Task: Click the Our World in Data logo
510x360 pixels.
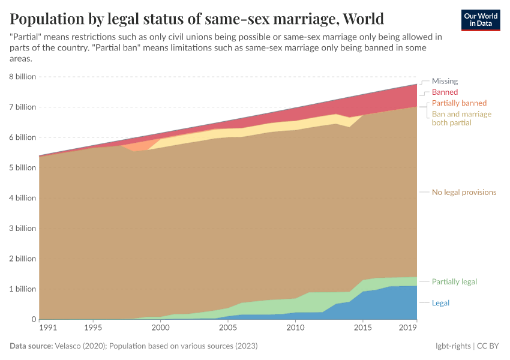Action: [481, 20]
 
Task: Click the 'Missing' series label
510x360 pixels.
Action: [445, 81]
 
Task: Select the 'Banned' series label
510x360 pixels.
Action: [445, 92]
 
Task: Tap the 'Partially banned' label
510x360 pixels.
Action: [459, 103]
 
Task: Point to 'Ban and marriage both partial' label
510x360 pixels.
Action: [461, 118]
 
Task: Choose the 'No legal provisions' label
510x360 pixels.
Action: [464, 193]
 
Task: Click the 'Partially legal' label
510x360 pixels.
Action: [454, 282]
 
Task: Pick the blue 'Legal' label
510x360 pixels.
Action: [440, 303]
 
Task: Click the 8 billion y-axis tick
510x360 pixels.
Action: [22, 77]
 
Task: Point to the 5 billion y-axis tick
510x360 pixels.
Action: [22, 168]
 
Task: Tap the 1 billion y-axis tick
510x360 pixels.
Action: [22, 289]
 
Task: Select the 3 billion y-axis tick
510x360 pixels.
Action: [22, 229]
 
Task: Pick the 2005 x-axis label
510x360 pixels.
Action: [227, 328]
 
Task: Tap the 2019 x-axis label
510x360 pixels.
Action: [408, 328]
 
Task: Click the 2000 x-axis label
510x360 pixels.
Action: [160, 328]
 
